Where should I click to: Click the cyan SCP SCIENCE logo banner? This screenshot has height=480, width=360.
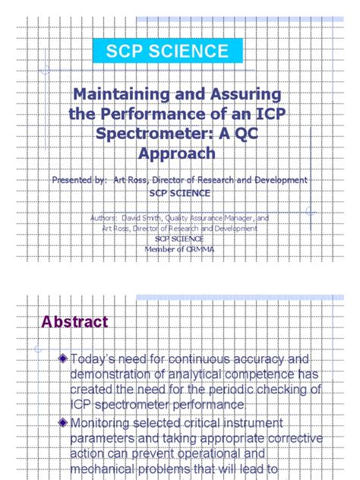(x=167, y=52)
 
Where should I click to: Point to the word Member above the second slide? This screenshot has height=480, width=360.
(x=162, y=248)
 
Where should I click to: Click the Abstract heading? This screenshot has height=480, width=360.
(x=74, y=322)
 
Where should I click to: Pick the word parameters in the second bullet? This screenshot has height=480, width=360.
(x=103, y=437)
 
